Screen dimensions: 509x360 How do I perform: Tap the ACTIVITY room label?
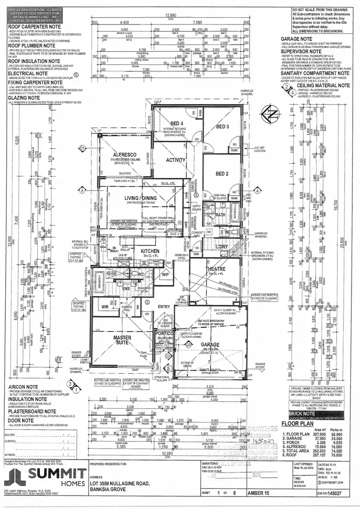click(176, 160)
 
